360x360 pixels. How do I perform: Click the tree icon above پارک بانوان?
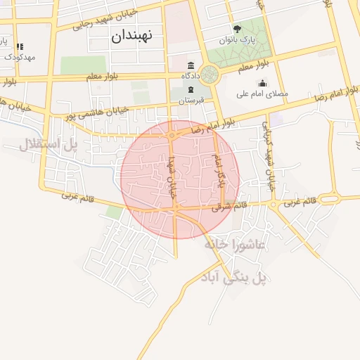click(x=237, y=30)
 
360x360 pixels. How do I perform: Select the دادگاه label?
click(x=191, y=75)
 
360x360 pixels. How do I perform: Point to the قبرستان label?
click(x=191, y=101)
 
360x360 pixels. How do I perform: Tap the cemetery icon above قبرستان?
click(x=191, y=90)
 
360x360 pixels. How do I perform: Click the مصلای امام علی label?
click(x=263, y=94)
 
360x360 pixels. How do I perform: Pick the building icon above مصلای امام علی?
click(x=262, y=84)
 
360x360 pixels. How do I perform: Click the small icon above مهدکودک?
click(x=20, y=46)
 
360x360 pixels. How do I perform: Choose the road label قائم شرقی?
click(x=231, y=207)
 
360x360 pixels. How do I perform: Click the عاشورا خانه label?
click(x=234, y=245)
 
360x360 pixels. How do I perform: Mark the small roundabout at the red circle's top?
click(x=172, y=135)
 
